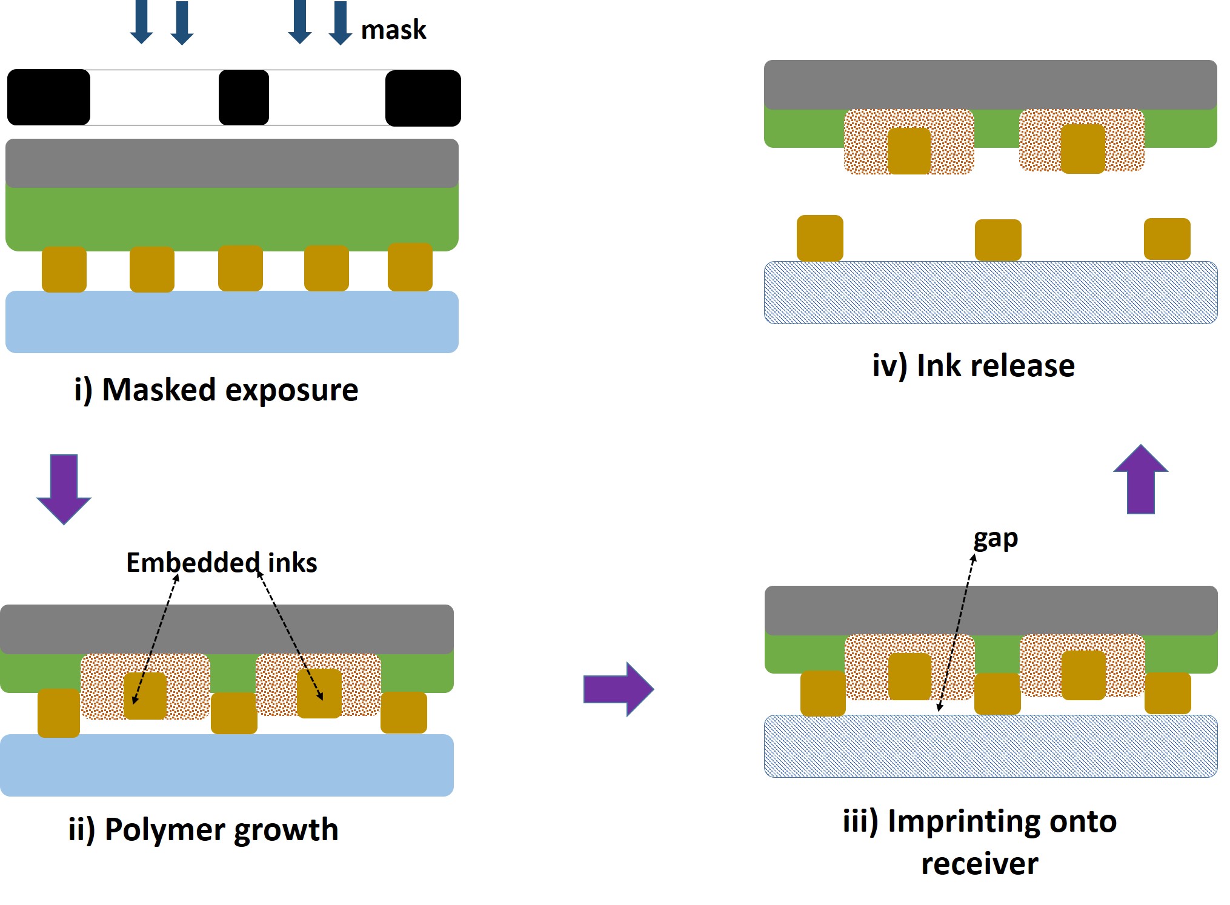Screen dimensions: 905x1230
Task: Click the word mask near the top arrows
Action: [x=393, y=30]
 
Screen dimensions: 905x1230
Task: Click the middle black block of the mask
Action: [x=244, y=98]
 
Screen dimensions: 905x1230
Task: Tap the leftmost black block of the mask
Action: [x=48, y=97]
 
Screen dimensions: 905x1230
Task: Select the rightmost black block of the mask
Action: [x=423, y=98]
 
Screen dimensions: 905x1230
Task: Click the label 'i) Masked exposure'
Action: [x=216, y=390]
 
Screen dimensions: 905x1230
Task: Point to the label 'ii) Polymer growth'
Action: [x=203, y=829]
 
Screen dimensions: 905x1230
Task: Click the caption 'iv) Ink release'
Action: [x=973, y=365]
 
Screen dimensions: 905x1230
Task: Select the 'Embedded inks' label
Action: [x=221, y=562]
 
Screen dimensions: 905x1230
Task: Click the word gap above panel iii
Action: [x=995, y=538]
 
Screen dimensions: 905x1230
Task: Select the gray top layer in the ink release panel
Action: [x=990, y=84]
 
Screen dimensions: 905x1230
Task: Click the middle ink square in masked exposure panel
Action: [x=241, y=268]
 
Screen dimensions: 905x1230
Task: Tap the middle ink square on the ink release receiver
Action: [x=998, y=240]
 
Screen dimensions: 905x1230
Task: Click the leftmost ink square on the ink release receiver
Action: [x=820, y=238]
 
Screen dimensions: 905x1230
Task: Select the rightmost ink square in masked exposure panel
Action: [x=410, y=267]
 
